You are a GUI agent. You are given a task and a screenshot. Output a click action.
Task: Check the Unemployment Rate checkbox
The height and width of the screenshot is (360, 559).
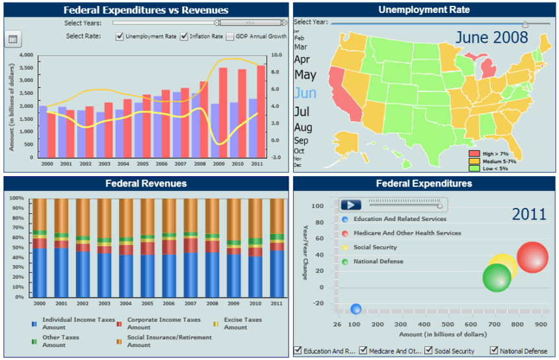coord(120,36)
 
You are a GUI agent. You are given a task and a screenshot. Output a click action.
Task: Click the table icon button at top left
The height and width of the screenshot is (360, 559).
coord(12,40)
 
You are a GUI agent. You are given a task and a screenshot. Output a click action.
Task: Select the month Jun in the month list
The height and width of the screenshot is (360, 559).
coord(305,93)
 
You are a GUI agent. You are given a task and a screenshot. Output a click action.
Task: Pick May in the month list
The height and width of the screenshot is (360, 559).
coord(305,75)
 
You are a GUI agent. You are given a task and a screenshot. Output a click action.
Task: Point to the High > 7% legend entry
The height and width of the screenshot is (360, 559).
coord(474,153)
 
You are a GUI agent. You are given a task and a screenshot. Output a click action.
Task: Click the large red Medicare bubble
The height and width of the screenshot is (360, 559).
coord(532,258)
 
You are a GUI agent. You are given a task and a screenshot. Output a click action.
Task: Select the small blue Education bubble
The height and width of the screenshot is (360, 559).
coord(356,309)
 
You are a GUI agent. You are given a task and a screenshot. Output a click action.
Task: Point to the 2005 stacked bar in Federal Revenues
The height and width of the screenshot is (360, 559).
coord(148,247)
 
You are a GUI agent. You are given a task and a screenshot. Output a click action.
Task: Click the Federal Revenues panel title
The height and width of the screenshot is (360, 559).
coord(146,183)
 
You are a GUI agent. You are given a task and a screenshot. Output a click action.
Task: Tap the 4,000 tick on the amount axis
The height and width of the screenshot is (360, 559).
coord(26,55)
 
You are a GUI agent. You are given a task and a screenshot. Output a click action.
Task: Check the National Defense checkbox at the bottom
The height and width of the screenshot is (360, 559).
coord(494,351)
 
